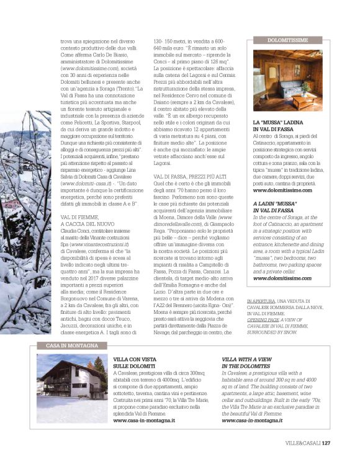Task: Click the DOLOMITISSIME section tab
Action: click(x=288, y=40)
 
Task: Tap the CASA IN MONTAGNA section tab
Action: click(x=66, y=345)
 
